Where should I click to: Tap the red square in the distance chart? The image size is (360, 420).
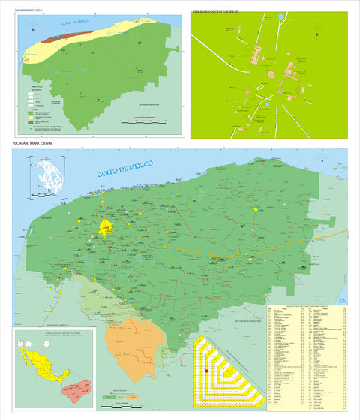pyautogui.click(x=206, y=370)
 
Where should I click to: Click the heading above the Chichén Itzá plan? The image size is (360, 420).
pyautogui.click(x=219, y=10)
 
